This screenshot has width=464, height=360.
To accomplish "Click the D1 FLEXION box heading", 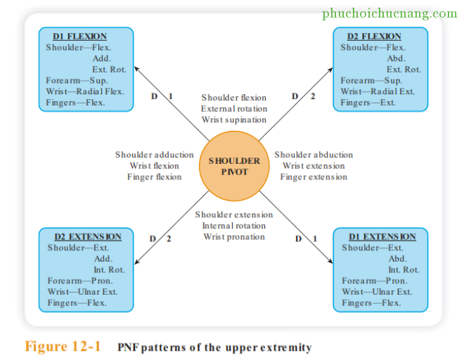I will tap(80, 37).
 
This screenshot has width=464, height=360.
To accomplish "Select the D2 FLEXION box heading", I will tap(374, 37).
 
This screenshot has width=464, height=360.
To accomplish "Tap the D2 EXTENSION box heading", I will tap(88, 237).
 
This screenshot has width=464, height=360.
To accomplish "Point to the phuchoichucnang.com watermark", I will tap(389, 13).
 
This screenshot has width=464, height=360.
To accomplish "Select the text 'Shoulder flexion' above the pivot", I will tap(234, 98).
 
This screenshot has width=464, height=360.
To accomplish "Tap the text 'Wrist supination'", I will tap(234, 120).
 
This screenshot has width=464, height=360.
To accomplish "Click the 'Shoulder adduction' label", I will tap(154, 155).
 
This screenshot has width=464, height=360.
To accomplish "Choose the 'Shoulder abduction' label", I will tap(314, 155).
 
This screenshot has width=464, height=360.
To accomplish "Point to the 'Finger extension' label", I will tap(314, 177).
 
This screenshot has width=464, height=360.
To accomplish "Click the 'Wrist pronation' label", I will tap(234, 237).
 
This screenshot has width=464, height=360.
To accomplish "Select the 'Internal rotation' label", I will tap(234, 226).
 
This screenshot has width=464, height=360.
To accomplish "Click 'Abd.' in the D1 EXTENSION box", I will tap(397, 259).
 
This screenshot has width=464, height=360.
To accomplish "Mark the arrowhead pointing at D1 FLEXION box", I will tap(136, 67).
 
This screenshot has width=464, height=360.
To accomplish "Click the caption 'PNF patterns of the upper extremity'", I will tap(215, 347).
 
